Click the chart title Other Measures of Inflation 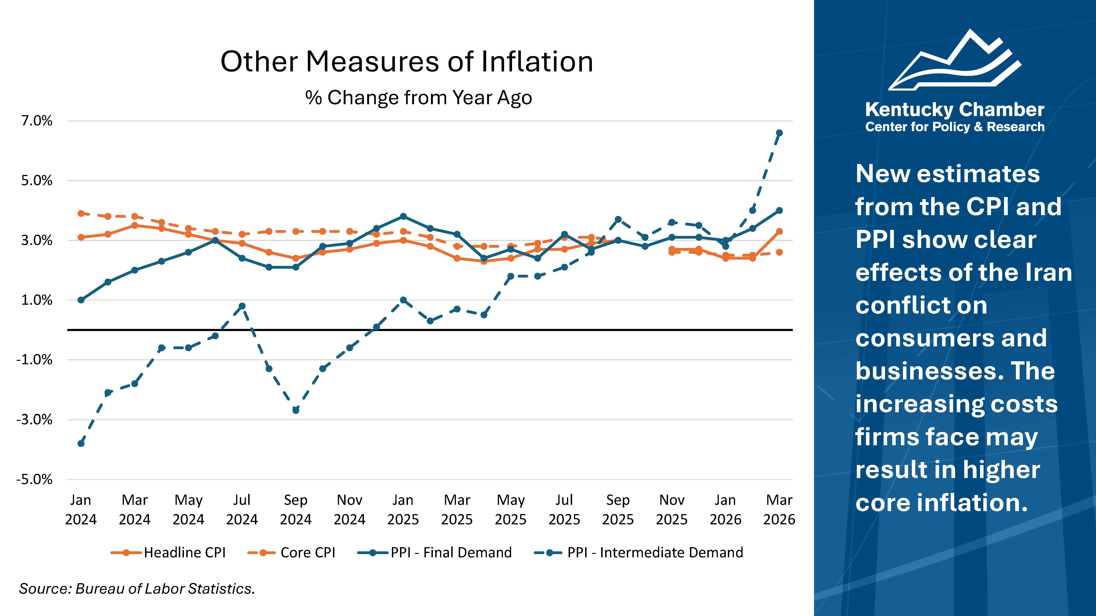click(x=406, y=62)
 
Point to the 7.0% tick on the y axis click(x=37, y=121)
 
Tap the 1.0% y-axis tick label click(x=37, y=300)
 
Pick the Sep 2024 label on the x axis click(x=296, y=509)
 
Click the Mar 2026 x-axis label click(x=779, y=509)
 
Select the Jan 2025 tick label click(x=403, y=509)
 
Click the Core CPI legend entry click(x=292, y=552)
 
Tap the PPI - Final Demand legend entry click(x=435, y=552)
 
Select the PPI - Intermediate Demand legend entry click(x=638, y=552)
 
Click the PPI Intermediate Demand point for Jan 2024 click(x=81, y=443)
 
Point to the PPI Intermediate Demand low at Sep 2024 click(x=296, y=410)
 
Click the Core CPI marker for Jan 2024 click(x=81, y=213)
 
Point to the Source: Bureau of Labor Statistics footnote click(x=137, y=588)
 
